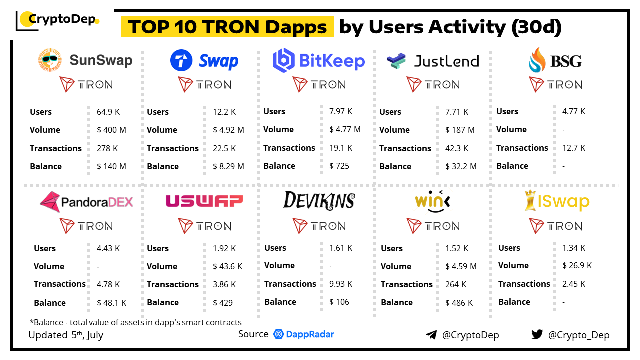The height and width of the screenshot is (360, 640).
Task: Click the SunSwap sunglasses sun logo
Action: coord(50,60)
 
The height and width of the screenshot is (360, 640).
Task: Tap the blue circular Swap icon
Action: coord(181,61)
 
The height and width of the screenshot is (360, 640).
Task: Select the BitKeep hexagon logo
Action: coord(283,60)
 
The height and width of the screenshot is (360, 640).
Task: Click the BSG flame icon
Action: coord(537,60)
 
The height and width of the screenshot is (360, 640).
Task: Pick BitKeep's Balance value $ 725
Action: coord(339,166)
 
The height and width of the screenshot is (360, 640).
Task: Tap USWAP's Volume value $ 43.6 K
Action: coord(227,266)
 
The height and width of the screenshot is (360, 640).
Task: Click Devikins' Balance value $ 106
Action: coord(339,302)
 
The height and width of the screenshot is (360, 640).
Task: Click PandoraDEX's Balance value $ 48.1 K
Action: coord(111,303)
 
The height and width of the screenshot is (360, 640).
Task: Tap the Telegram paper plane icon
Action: coord(431,335)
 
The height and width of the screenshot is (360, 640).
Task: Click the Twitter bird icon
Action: coord(537,335)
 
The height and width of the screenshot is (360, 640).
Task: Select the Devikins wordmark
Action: coord(319,200)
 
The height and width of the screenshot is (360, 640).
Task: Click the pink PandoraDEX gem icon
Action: coord(49,202)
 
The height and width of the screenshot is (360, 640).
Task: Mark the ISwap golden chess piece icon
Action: coord(530,201)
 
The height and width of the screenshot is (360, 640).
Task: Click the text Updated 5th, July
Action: coord(66,335)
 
